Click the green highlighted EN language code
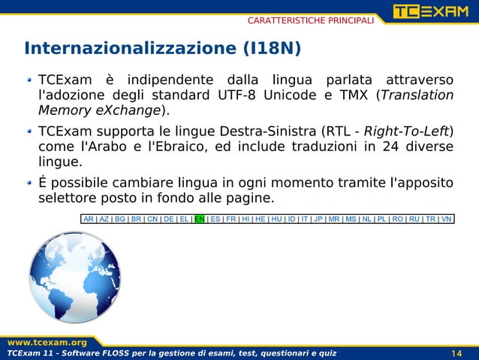tap(200, 219)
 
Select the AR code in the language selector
tap(89, 219)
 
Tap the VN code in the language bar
tap(447, 219)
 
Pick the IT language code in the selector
tap(306, 219)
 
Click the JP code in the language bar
tap(318, 219)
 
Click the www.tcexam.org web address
tap(44, 342)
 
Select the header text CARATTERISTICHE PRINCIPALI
tap(311, 20)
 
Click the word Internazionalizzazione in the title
tap(130, 49)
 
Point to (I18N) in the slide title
tap(272, 49)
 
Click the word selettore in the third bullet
tap(68, 198)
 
